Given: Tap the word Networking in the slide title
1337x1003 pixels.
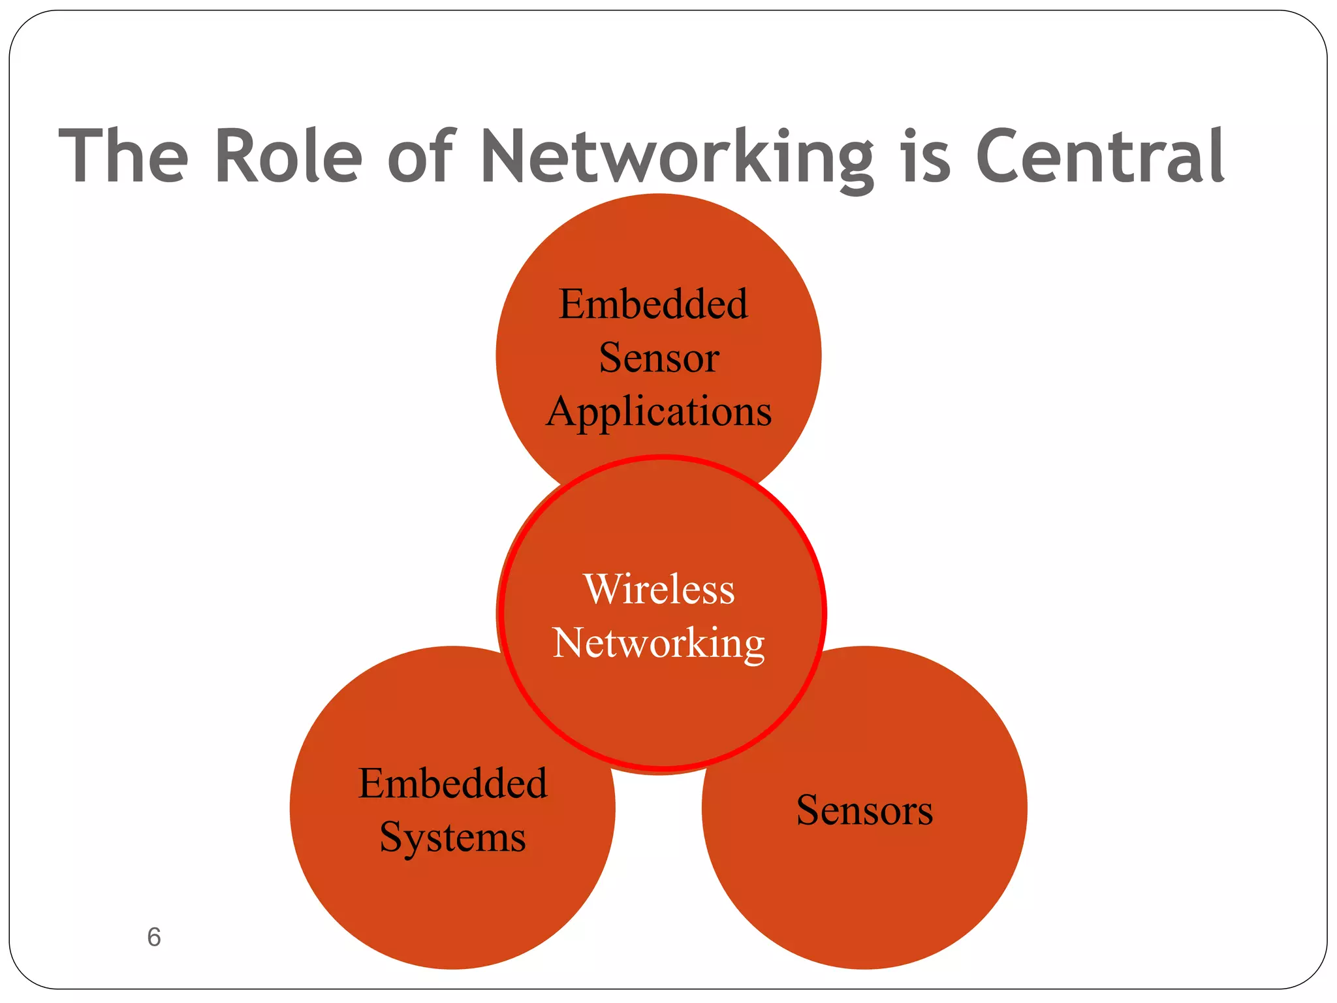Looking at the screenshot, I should coord(676,157).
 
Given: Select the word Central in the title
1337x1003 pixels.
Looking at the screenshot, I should coord(1099,157).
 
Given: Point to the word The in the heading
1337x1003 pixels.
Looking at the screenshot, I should coord(123,157).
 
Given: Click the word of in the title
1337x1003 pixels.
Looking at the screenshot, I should coord(420,157).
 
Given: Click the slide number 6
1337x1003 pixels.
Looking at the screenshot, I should coord(154,937).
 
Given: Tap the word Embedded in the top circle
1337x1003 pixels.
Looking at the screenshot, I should coord(653,304).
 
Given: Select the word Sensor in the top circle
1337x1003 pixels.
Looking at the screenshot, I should coord(659,358).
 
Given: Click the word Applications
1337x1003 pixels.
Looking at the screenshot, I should coord(659,412).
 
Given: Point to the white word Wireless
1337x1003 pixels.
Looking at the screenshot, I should coord(659,589).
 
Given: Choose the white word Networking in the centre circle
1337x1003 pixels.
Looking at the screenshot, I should coord(659,643).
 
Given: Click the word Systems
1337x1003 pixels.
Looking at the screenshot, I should coord(452,838).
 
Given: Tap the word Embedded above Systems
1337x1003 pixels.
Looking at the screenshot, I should coord(452,784).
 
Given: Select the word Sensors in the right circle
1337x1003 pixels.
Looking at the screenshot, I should coord(864,810).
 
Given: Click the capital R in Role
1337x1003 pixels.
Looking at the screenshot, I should coord(236,157).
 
